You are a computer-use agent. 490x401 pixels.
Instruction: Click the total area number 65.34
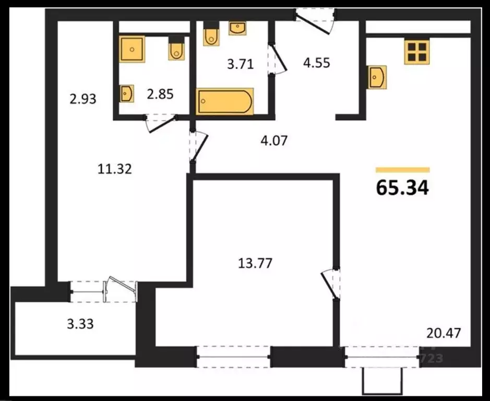pos(402,187)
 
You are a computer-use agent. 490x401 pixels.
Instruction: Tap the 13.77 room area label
pos(255,263)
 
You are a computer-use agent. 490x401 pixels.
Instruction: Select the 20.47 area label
pos(444,333)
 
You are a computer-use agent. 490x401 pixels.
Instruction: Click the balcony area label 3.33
pos(80,324)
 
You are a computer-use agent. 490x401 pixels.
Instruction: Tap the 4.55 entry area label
pos(317,63)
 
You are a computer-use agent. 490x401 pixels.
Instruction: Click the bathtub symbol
pos(225,101)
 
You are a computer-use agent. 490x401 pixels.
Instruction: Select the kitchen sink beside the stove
pos(377,77)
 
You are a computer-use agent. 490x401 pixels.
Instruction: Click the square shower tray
pos(134,50)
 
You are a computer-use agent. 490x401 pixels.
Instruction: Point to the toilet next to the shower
pos(176,50)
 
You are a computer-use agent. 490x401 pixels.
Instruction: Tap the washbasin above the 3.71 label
pos(237,27)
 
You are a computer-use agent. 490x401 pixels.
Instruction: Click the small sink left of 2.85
pos(127,93)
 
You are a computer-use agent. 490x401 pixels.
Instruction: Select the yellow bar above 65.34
pos(402,170)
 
